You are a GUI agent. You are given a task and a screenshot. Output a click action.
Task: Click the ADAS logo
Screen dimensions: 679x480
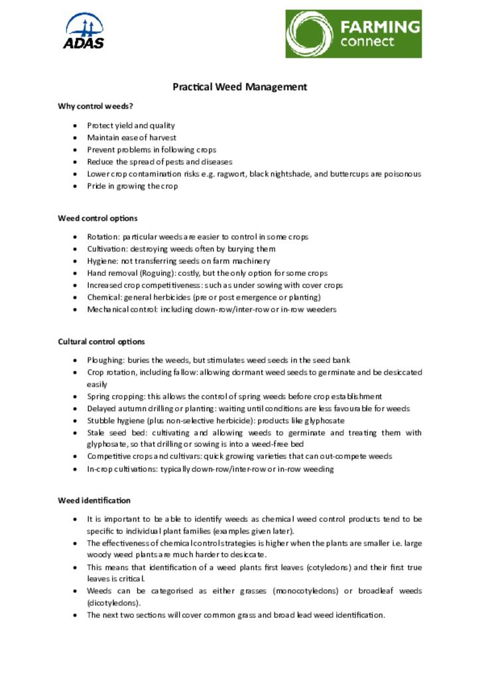(84, 31)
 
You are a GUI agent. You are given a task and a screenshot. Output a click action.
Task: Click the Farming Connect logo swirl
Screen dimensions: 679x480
(310, 33)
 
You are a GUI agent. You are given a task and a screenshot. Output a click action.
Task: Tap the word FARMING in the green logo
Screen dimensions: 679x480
(380, 27)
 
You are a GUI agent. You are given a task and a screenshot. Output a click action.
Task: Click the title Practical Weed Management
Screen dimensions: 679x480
(240, 87)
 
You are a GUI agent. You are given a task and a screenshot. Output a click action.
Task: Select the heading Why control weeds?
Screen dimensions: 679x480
(91, 106)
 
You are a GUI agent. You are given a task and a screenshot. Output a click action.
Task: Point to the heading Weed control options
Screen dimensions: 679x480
(97, 218)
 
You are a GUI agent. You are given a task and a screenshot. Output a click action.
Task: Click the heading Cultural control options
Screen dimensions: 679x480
(101, 342)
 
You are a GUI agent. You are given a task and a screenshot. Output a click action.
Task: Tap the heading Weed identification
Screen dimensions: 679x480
(94, 501)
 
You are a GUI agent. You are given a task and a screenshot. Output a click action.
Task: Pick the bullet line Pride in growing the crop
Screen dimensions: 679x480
(133, 186)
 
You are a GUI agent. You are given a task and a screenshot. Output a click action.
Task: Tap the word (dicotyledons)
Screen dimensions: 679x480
(113, 603)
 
